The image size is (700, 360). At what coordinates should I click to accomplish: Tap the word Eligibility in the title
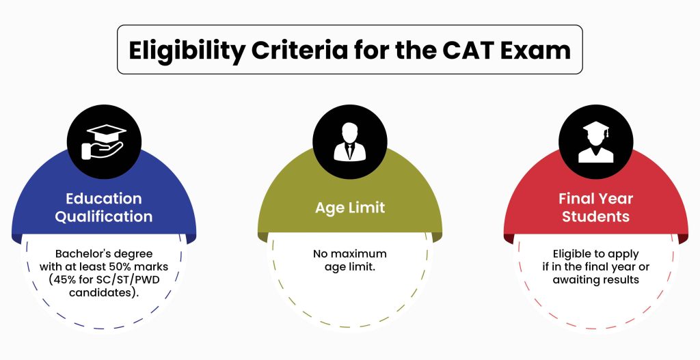point(187,51)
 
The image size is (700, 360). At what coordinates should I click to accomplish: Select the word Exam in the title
point(535,50)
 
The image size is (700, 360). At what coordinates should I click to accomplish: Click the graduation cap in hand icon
point(104,142)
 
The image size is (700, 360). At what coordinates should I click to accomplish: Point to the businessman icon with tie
point(350,142)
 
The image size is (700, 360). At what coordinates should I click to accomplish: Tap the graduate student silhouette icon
point(596,142)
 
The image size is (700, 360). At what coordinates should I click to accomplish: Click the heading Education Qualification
point(104,208)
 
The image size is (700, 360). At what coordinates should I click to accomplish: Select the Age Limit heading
point(350,208)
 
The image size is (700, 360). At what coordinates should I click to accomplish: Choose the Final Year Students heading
point(596,208)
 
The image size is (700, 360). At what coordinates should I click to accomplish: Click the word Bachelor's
point(78,254)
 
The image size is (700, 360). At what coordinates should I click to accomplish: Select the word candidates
point(100,293)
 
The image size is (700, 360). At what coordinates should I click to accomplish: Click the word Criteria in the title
point(299,50)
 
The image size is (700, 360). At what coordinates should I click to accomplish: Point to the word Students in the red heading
point(596,217)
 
